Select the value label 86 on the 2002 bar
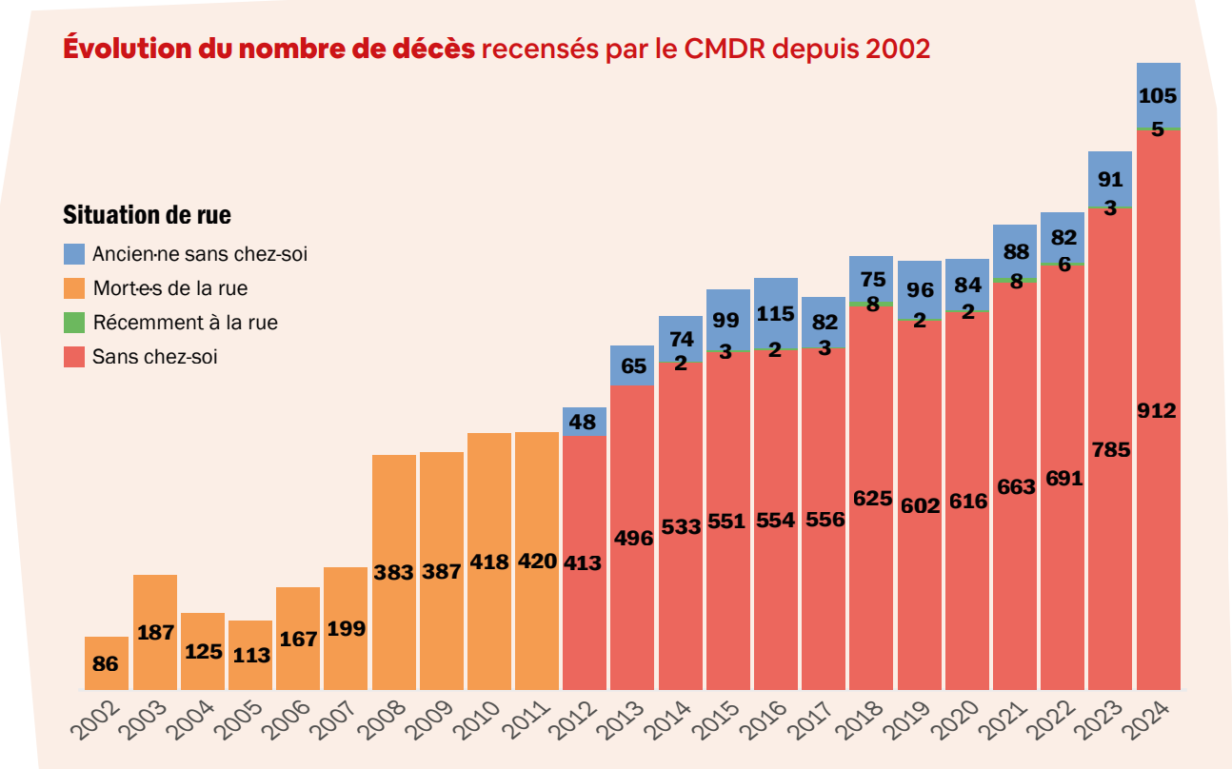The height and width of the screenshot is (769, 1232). [x=106, y=664]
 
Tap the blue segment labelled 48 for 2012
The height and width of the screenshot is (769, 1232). [x=585, y=421]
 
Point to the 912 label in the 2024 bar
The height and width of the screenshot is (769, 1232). [x=1158, y=411]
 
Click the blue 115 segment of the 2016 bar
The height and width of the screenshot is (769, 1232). [x=776, y=312]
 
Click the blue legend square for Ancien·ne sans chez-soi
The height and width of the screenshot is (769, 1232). [x=74, y=254]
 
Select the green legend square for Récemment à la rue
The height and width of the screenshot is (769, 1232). [x=74, y=323]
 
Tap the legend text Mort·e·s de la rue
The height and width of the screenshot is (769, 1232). [x=170, y=288]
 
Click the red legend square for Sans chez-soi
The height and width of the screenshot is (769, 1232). [x=74, y=357]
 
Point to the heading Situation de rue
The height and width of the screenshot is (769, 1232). [x=147, y=215]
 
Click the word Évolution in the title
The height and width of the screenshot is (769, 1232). [x=125, y=48]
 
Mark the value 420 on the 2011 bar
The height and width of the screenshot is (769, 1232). [x=537, y=562]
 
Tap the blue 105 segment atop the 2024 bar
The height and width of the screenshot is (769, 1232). [x=1158, y=95]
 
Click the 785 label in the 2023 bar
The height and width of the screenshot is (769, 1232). [x=1110, y=449]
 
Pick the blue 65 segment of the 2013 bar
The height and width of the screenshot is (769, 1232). [x=632, y=365]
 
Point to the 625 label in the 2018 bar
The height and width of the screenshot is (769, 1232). [x=871, y=498]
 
